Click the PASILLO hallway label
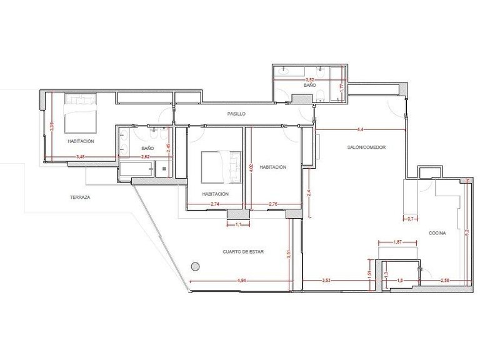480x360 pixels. point(236,114)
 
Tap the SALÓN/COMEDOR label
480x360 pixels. point(367,147)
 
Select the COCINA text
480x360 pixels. point(437,233)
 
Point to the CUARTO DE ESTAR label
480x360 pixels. point(243,252)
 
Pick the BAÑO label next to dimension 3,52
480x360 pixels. point(309,84)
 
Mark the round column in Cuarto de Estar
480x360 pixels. point(195,266)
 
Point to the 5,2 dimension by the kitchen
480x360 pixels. point(466,231)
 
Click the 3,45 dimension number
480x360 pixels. point(81,156)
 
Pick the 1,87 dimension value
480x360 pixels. point(398,242)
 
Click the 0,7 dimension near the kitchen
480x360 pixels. point(410,219)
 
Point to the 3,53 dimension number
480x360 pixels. point(326,281)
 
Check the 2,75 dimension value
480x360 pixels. point(273,204)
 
